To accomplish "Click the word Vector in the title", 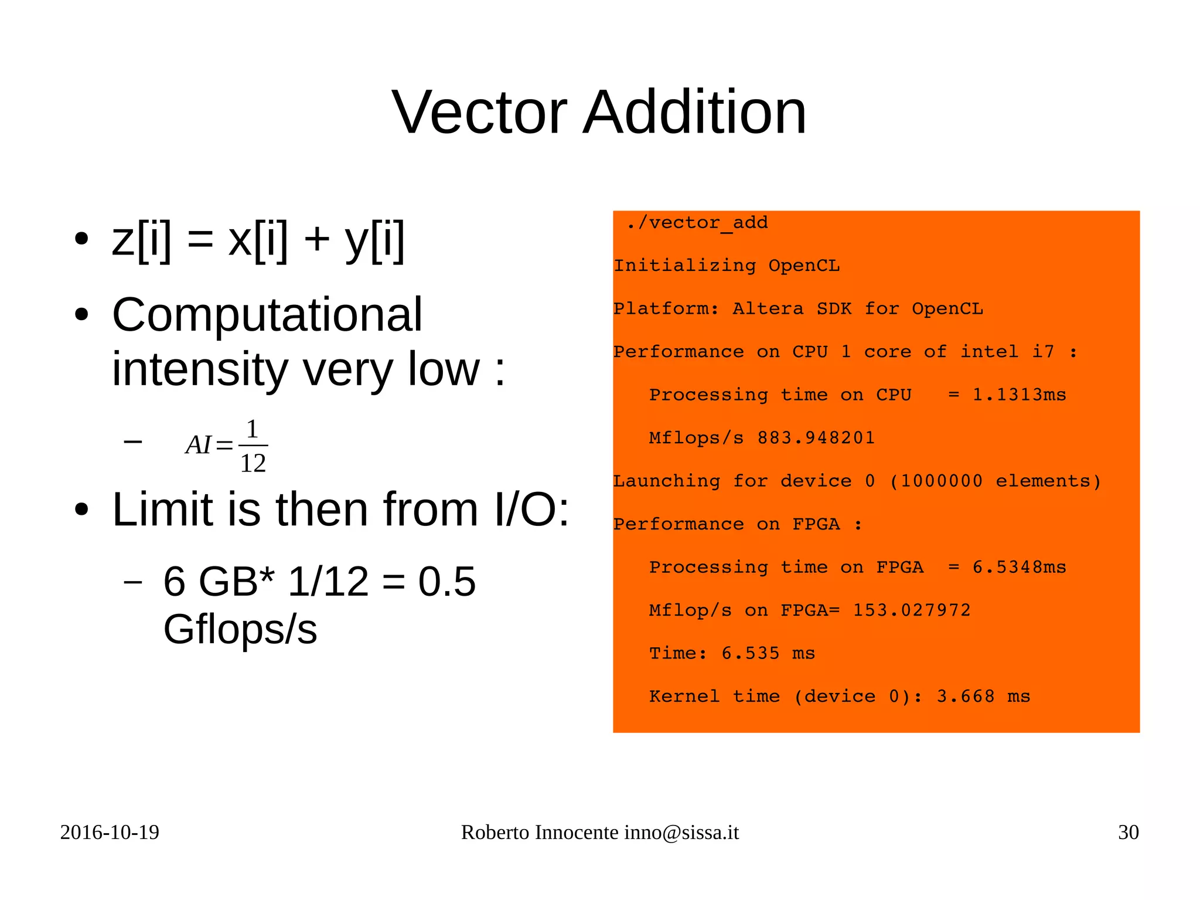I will (x=479, y=112).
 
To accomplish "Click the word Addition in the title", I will (x=695, y=112).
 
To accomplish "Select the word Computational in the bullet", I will (x=267, y=315).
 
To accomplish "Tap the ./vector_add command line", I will (x=697, y=223).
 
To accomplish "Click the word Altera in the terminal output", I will (x=768, y=309).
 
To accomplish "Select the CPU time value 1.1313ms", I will (x=1019, y=395).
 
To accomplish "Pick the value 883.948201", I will (x=816, y=438).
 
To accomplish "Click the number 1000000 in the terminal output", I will (x=941, y=481).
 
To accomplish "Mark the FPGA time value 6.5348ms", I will (x=1019, y=568).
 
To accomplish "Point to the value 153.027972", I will (x=911, y=610).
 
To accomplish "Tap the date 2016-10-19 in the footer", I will (x=110, y=833).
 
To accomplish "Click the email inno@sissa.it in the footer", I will (x=681, y=833).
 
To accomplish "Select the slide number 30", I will (x=1128, y=833).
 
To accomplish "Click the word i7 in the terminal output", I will (x=1043, y=352).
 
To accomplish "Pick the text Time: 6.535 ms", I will (x=732, y=654).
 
